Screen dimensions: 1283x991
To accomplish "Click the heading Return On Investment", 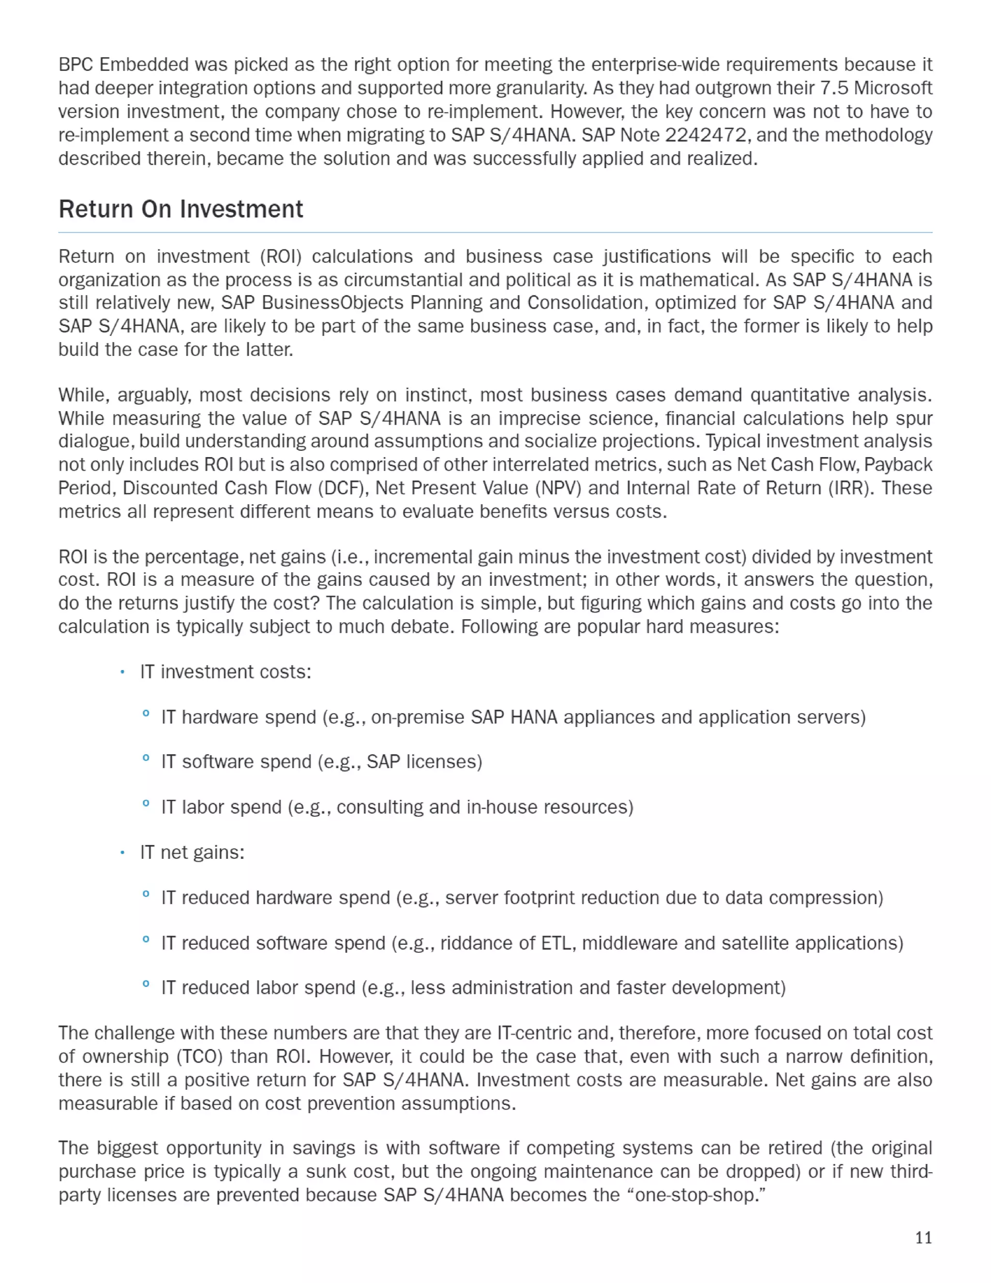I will (181, 209).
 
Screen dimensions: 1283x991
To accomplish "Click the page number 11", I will (923, 1238).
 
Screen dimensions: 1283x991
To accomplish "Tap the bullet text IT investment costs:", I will (225, 672).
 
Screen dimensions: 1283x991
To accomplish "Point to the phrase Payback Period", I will (898, 465).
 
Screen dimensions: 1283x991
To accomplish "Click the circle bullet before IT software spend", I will (146, 758).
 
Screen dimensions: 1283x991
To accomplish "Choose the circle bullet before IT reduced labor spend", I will (146, 984).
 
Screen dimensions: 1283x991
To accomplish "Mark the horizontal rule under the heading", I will (495, 232).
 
